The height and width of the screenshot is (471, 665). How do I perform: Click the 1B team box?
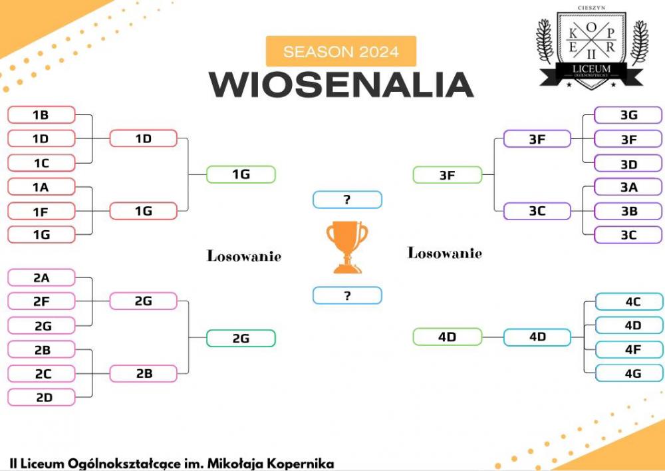pyautogui.click(x=41, y=115)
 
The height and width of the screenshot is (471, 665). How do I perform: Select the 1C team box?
pyautogui.click(x=41, y=163)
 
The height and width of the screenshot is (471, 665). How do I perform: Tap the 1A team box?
pyautogui.click(x=41, y=187)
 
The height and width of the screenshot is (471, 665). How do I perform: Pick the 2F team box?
pyautogui.click(x=41, y=301)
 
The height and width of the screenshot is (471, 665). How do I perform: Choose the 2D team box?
pyautogui.click(x=41, y=397)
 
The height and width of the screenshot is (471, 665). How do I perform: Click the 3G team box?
pyautogui.click(x=628, y=115)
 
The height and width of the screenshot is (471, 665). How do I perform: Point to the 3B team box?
pyautogui.click(x=628, y=212)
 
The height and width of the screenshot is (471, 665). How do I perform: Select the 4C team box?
pyautogui.click(x=629, y=302)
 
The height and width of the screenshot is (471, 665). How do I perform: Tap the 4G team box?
pyautogui.click(x=629, y=373)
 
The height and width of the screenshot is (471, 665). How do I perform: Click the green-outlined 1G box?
pyautogui.click(x=241, y=174)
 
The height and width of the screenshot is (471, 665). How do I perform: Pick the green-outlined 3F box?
pyautogui.click(x=448, y=175)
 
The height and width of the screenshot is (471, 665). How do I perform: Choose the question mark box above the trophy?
pyautogui.click(x=347, y=200)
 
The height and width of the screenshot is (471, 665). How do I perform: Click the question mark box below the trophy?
pyautogui.click(x=347, y=296)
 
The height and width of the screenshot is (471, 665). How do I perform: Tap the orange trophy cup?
pyautogui.click(x=347, y=247)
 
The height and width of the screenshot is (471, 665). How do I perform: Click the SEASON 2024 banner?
pyautogui.click(x=341, y=51)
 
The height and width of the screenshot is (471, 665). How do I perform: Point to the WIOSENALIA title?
pyautogui.click(x=341, y=85)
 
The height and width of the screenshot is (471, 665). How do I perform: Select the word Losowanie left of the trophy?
pyautogui.click(x=244, y=256)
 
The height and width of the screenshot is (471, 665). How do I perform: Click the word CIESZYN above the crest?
pyautogui.click(x=592, y=7)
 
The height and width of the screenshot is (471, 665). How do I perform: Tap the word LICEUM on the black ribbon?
pyautogui.click(x=592, y=69)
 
